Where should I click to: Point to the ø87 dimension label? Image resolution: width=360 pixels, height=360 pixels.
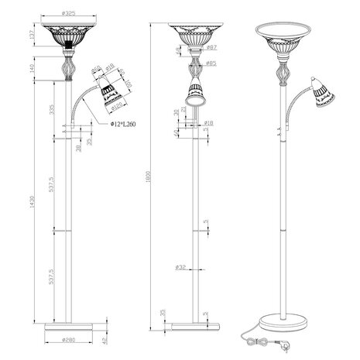(x=211, y=48)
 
